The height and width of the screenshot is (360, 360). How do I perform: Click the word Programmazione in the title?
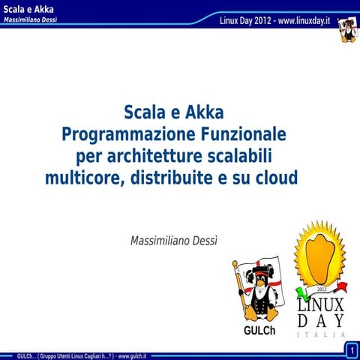117,136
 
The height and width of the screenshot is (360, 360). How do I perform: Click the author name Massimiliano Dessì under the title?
178,241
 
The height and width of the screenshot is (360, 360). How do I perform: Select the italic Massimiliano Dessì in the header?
34,19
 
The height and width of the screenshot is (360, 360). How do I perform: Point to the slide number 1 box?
351,350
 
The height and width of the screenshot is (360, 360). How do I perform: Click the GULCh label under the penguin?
259,330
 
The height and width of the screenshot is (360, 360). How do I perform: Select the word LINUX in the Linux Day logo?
322,305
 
